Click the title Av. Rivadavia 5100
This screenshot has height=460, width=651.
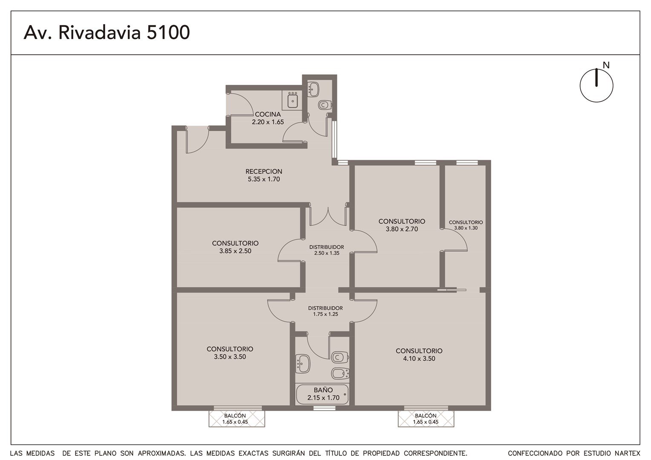[107, 32]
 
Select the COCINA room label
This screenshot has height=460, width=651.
[268, 114]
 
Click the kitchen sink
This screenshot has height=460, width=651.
[292, 100]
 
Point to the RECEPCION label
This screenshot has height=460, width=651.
[264, 172]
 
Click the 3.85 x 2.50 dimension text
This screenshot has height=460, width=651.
[235, 251]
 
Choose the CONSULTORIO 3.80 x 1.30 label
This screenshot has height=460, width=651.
[466, 225]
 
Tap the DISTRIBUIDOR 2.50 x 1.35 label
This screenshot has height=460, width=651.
[326, 250]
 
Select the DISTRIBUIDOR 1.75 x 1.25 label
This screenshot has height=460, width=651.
[325, 311]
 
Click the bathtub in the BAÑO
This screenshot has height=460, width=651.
[322, 394]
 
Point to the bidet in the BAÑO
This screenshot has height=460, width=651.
[340, 374]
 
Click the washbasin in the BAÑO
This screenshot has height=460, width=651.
[303, 363]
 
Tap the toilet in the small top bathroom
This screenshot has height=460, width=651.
[325, 105]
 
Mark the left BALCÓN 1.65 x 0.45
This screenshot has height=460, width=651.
[236, 418]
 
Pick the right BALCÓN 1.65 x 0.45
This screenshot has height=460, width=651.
[426, 418]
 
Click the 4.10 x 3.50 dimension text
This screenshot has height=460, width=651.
[419, 358]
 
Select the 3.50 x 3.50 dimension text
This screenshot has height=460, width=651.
[230, 356]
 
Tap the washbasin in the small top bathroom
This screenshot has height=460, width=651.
[313, 89]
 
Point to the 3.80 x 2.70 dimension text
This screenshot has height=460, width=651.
[402, 229]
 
